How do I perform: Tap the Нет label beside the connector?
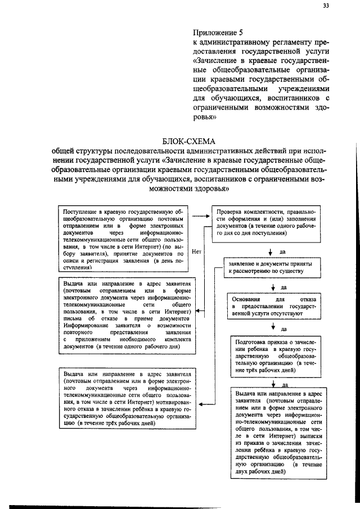coord(196,252)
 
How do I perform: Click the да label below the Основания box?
coord(283,328)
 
